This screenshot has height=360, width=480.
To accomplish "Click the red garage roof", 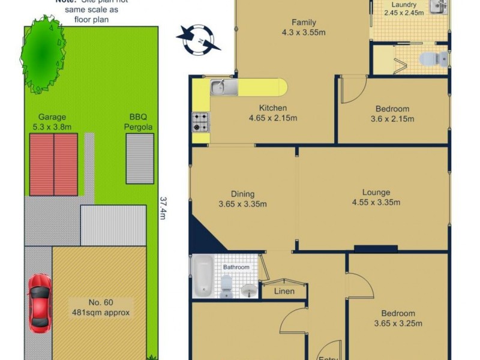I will coord(53,163).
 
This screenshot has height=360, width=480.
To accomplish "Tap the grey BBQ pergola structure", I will coord(139,158).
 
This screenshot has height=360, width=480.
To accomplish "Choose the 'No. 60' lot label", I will coord(99,302).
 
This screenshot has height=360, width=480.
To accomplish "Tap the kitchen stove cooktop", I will coord(200,122).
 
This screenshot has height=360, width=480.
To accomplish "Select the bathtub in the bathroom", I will coord(203,276).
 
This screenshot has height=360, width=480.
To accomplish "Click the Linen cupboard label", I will coord(284,292).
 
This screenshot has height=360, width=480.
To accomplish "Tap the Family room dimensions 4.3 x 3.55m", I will coord(304,32).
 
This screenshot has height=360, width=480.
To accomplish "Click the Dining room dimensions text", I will coord(243,203).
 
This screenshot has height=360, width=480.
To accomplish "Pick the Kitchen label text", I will coord(272,108).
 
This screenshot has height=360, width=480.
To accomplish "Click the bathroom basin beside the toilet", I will coord(248,290).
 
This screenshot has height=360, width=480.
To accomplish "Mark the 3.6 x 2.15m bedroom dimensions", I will coord(392,119).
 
